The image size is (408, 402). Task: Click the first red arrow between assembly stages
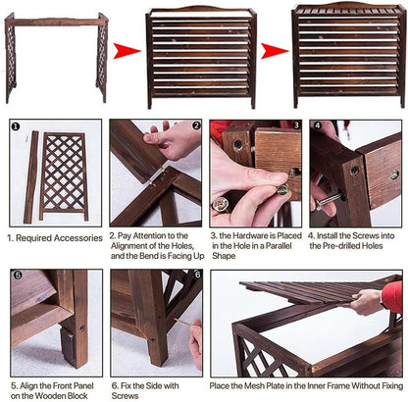coord(127,51)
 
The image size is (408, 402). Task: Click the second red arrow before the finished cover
coord(275,51)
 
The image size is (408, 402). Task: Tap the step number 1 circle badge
coord(16,126)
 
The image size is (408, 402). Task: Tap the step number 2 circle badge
coord(196,126)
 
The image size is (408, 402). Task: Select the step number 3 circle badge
coord(296,126)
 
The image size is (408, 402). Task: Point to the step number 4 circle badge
coord(318,126)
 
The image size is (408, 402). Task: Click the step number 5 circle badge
coord(18,276)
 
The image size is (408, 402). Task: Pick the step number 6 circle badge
coord(197,275)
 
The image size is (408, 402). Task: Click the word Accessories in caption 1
coord(78,238)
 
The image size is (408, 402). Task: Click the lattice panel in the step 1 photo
coord(64,176)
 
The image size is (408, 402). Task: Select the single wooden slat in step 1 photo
coord(30,177)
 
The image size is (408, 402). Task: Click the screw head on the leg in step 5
coord(82,327)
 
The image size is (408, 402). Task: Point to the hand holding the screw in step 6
coord(196,342)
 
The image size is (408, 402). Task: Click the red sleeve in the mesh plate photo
coord(392,296)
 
